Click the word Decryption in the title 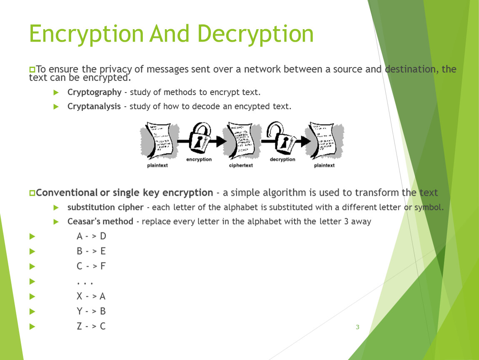(x=255, y=34)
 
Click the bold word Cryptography (x=95, y=92)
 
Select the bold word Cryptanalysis (x=94, y=106)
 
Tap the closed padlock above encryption (x=200, y=138)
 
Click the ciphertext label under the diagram (x=241, y=165)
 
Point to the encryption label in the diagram (x=199, y=159)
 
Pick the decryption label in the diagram (x=282, y=159)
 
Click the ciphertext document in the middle (x=241, y=140)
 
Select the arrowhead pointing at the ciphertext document (x=222, y=141)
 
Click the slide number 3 (x=357, y=327)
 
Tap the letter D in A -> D (x=103, y=236)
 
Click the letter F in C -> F (x=103, y=266)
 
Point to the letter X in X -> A (x=80, y=296)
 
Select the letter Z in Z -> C (x=80, y=326)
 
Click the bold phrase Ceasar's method (x=100, y=221)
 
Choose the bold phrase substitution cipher (x=105, y=207)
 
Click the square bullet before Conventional (x=32, y=193)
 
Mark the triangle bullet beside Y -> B (x=32, y=311)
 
